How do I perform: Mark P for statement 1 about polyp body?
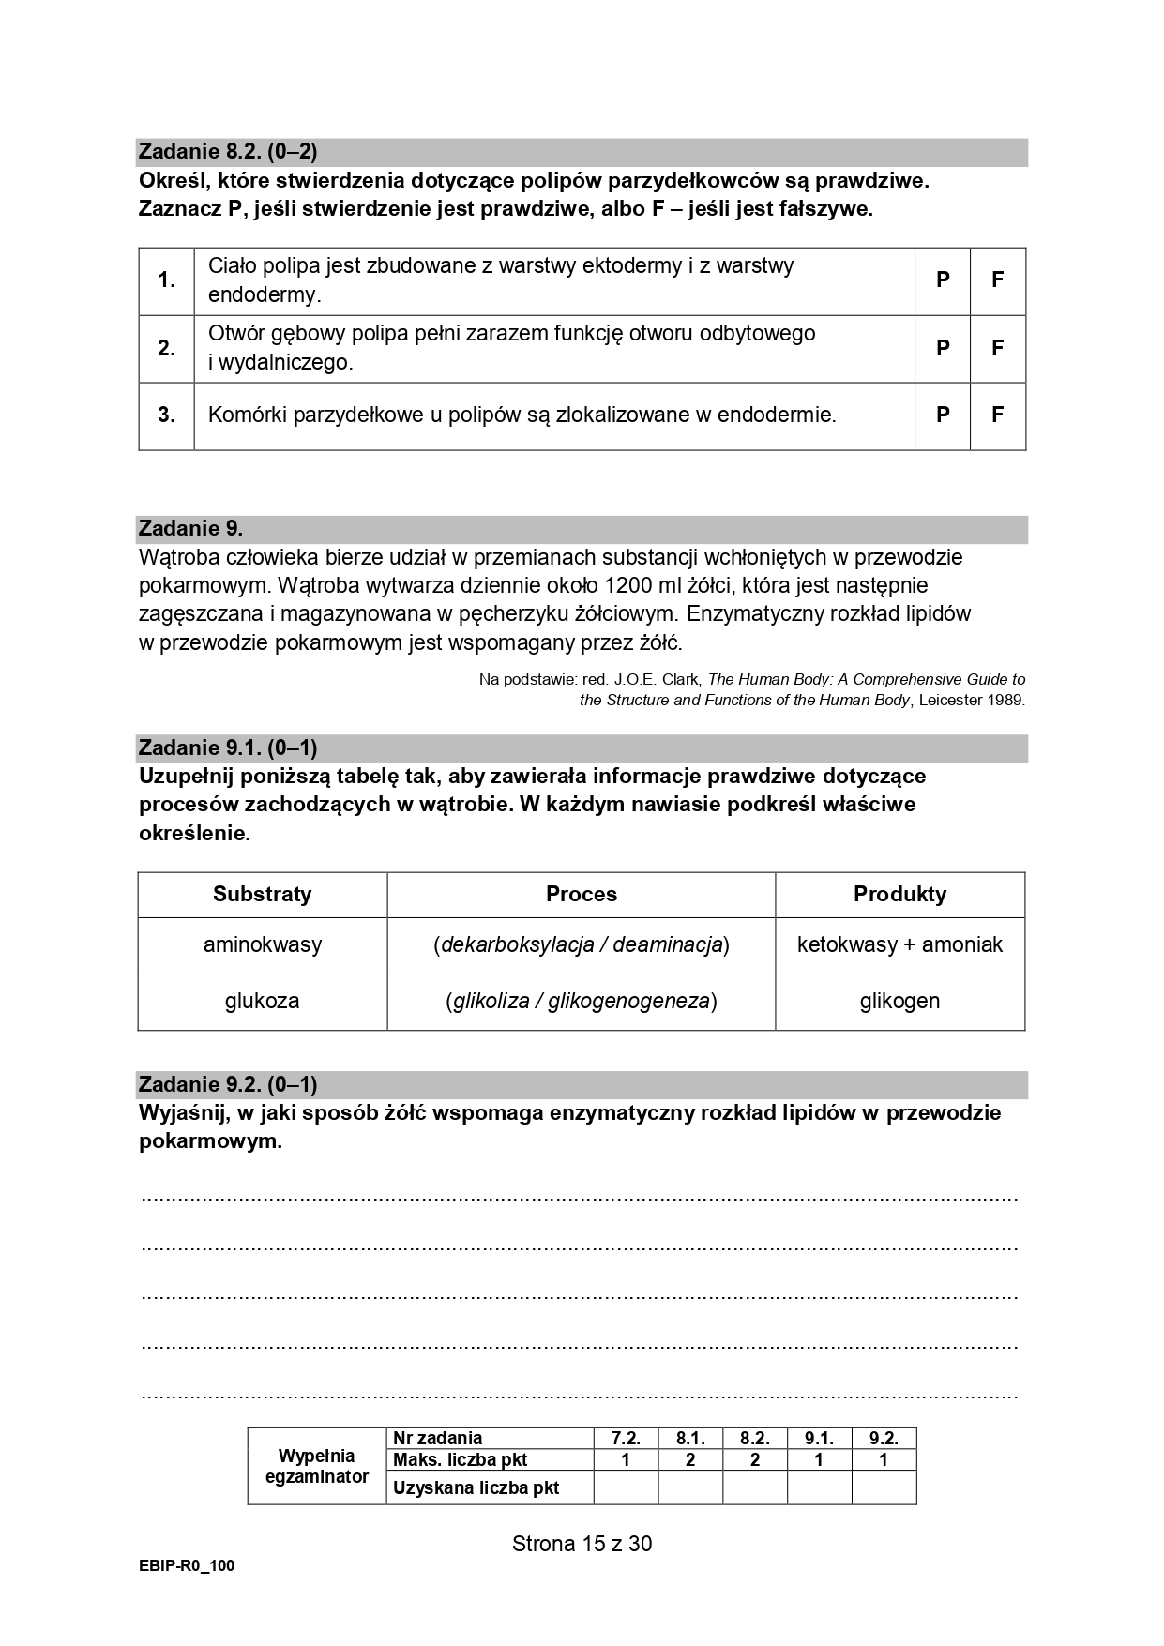(943, 280)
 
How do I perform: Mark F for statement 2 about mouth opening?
(998, 348)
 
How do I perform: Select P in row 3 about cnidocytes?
(943, 415)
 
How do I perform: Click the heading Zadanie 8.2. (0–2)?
(228, 152)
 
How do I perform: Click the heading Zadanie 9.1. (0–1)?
(228, 747)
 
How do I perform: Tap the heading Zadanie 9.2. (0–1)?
(228, 1084)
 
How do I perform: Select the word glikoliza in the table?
(491, 1001)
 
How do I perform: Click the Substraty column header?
(262, 894)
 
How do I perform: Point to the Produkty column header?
(899, 894)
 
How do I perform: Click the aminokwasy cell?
(262, 944)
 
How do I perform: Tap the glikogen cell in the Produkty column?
(899, 1001)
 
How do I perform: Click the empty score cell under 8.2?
(754, 1487)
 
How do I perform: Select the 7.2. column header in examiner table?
(626, 1438)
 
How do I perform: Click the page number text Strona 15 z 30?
(582, 1544)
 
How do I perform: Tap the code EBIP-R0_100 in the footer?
(186, 1565)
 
